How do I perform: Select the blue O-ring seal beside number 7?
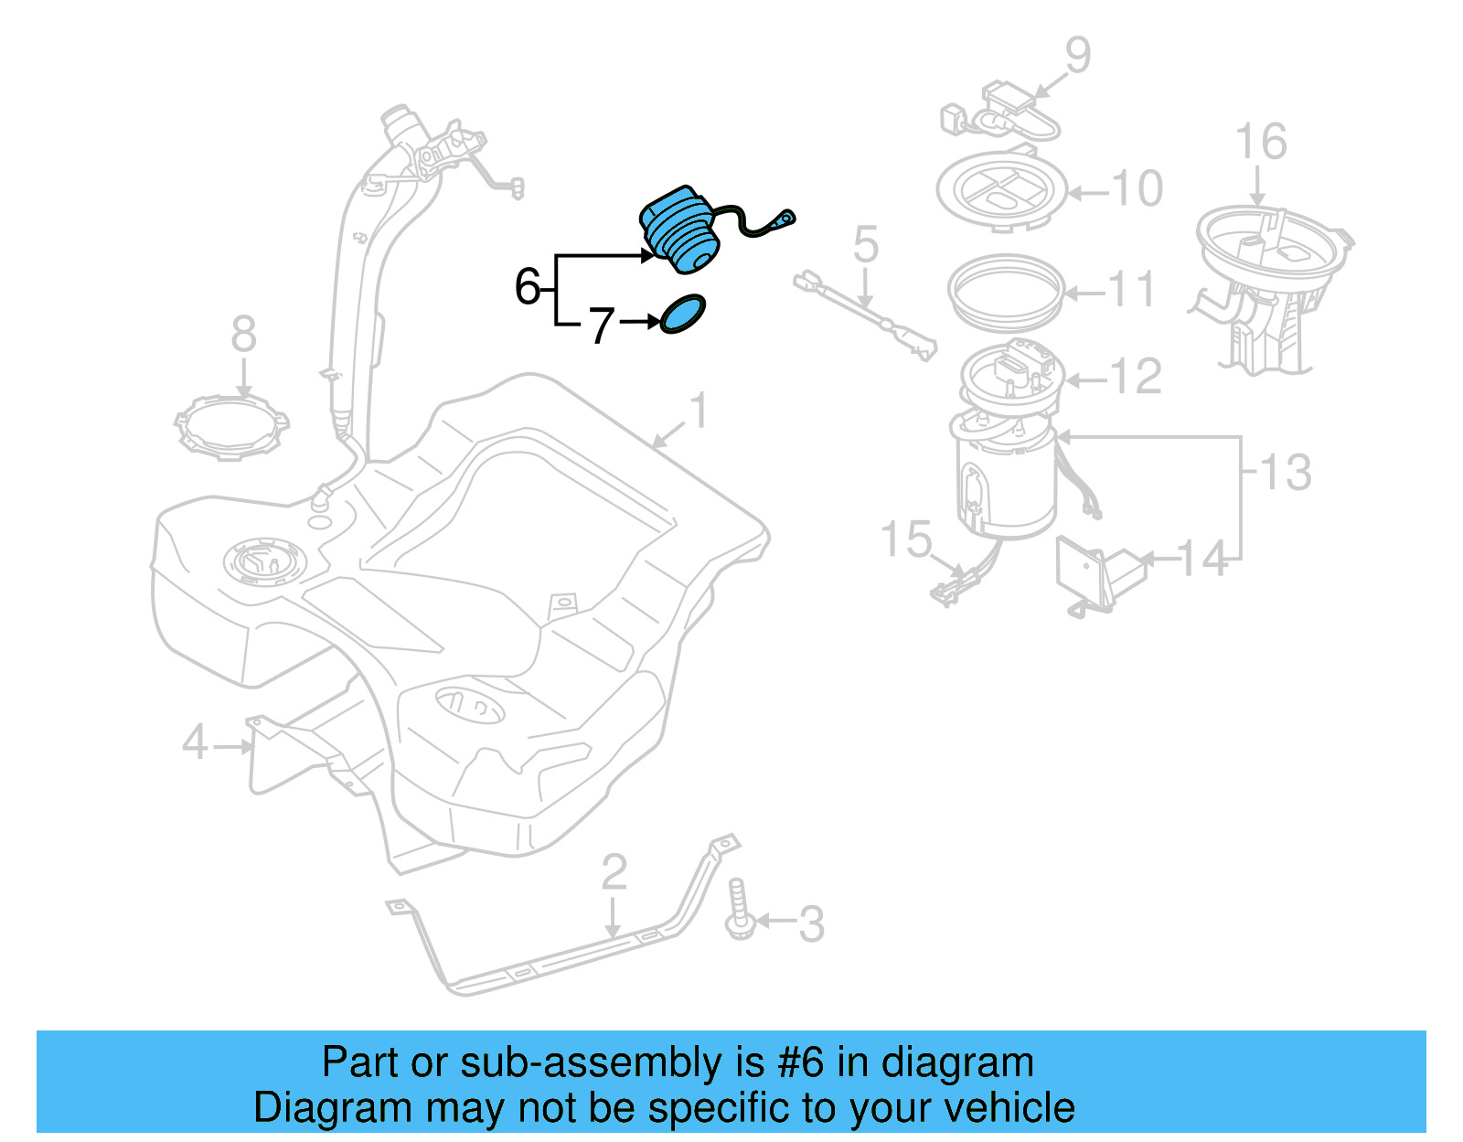pyautogui.click(x=683, y=314)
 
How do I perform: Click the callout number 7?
pyautogui.click(x=600, y=326)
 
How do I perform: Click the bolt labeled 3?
pyautogui.click(x=739, y=910)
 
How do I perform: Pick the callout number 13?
pyautogui.click(x=1286, y=473)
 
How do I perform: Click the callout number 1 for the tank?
pyautogui.click(x=699, y=411)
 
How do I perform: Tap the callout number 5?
pyautogui.click(x=865, y=245)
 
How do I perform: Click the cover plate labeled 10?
pyautogui.click(x=1002, y=190)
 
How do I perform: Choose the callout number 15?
pyautogui.click(x=905, y=539)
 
